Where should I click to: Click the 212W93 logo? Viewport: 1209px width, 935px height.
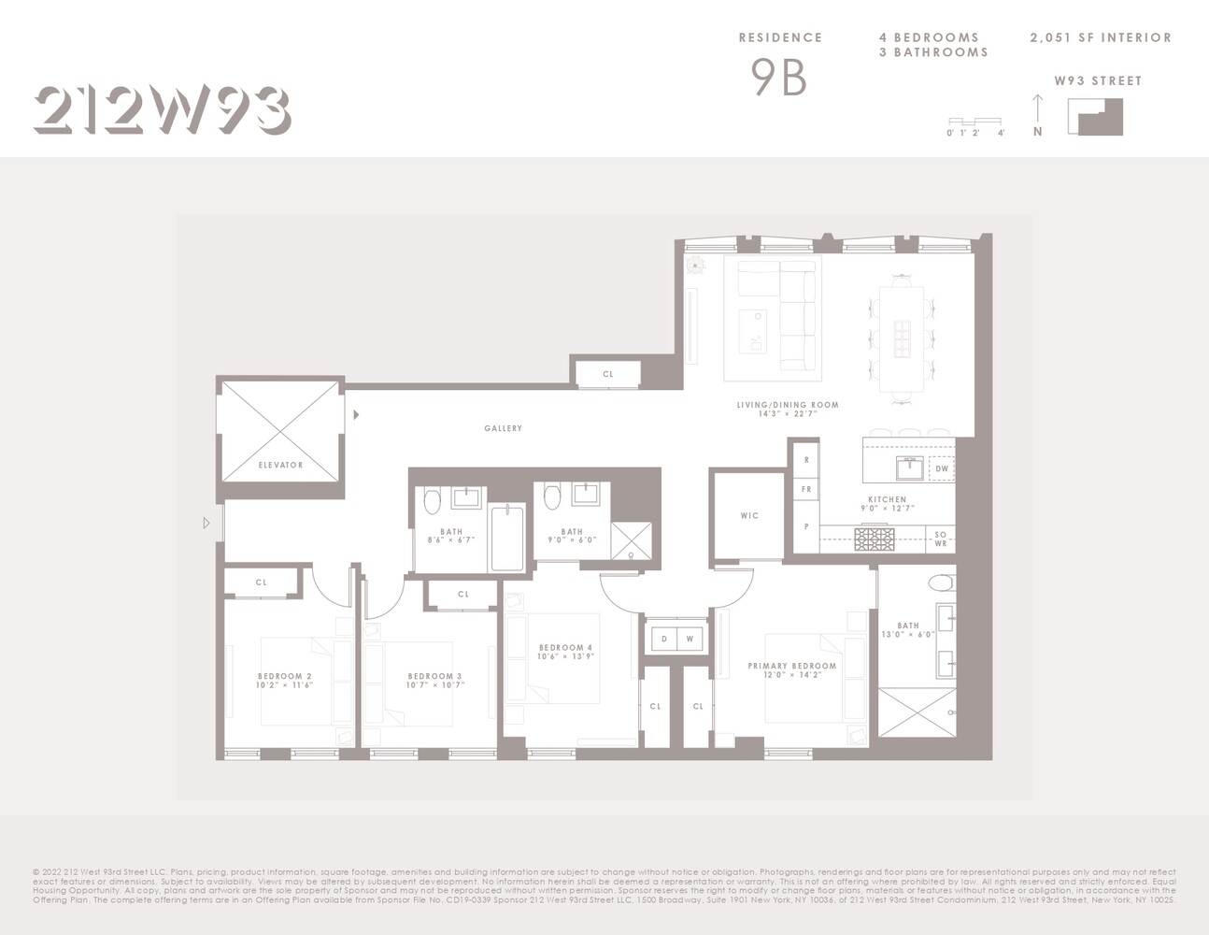(162, 110)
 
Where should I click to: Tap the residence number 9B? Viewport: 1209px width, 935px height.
(778, 78)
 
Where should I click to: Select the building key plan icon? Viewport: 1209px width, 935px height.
(1100, 117)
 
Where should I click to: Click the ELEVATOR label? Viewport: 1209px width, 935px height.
(280, 465)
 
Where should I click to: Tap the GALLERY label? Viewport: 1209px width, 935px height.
(503, 428)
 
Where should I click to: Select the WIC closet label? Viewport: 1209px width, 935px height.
(749, 515)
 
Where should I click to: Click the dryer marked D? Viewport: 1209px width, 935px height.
(664, 639)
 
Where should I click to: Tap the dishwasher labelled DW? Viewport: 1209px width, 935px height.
(941, 468)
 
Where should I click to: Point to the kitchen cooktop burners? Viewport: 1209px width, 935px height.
(875, 539)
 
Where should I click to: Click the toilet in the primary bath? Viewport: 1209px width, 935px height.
(941, 583)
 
